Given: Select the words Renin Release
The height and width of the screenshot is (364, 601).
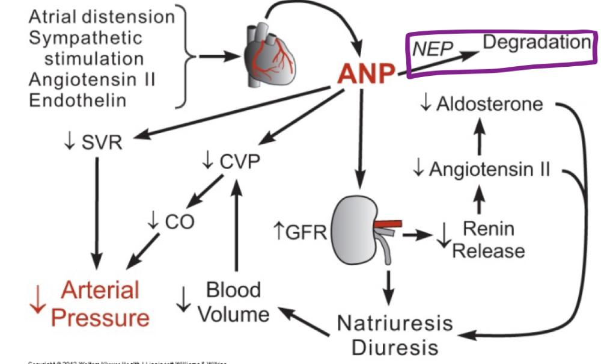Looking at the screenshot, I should (x=488, y=239).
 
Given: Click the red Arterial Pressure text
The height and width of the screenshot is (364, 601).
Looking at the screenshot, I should (x=100, y=303).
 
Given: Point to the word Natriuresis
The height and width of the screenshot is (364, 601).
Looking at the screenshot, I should (x=394, y=323).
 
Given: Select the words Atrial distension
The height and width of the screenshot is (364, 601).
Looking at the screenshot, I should (x=101, y=16).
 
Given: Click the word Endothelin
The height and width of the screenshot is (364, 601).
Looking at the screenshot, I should (x=78, y=99).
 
